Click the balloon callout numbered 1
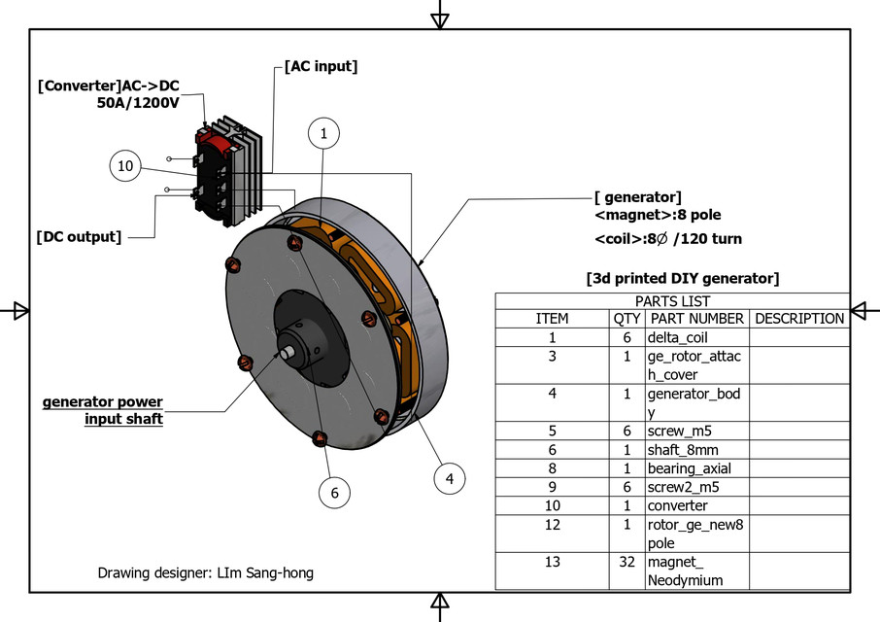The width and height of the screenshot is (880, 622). [323, 134]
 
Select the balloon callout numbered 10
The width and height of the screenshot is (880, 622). [125, 166]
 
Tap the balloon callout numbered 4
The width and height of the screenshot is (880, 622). [449, 477]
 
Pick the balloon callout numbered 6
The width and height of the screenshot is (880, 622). [334, 493]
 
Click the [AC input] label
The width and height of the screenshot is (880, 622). [321, 67]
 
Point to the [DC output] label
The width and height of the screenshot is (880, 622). [79, 236]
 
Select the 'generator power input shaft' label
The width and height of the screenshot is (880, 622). [103, 410]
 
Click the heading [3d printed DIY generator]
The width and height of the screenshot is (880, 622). [682, 279]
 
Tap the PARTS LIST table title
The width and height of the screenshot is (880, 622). [672, 301]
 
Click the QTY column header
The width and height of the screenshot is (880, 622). [626, 319]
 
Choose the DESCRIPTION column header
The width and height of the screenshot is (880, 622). [799, 319]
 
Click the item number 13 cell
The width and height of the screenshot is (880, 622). [552, 562]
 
